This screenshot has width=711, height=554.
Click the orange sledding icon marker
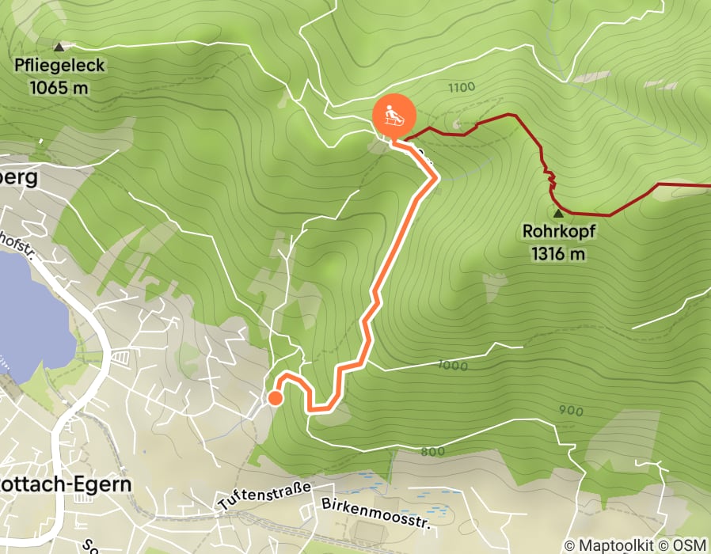(x=391, y=116)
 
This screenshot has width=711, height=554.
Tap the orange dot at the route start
(x=275, y=398)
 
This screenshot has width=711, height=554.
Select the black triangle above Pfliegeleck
(x=59, y=47)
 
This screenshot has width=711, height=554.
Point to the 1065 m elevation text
(x=59, y=88)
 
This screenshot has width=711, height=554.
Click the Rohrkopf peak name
(x=558, y=233)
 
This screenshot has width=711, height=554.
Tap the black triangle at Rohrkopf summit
(x=558, y=213)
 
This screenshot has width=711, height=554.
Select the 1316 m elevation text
(x=558, y=254)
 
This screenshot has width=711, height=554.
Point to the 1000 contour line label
(x=452, y=366)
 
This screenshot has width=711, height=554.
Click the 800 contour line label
(x=433, y=451)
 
